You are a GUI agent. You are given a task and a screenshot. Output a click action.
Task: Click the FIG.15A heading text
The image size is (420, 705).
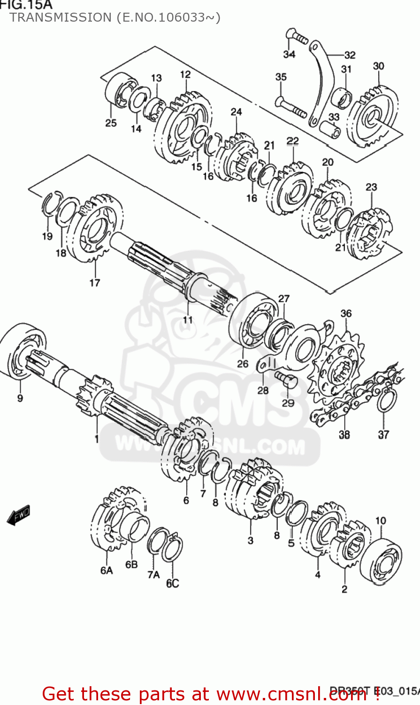(26, 5)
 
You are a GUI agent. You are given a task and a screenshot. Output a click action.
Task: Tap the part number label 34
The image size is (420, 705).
(289, 54)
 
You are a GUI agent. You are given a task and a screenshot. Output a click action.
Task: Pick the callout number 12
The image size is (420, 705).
(185, 74)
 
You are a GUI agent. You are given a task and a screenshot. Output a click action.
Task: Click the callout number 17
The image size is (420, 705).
(95, 282)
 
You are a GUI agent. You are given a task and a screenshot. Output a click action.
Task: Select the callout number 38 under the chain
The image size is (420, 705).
(344, 435)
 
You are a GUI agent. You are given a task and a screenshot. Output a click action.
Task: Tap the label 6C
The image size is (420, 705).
(172, 583)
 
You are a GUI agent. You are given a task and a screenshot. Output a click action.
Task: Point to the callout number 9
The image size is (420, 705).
(20, 398)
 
